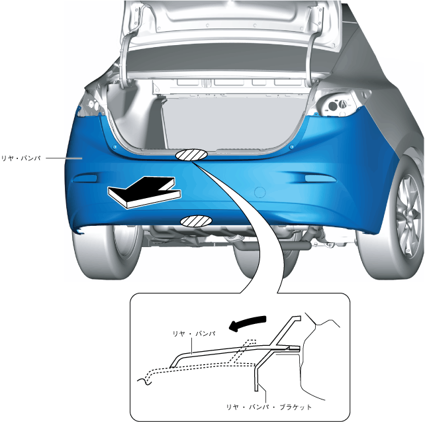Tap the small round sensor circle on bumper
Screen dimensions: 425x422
tap(261, 192)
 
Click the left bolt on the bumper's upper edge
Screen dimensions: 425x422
tap(115, 146)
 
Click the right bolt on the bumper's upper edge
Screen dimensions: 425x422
tap(292, 144)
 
